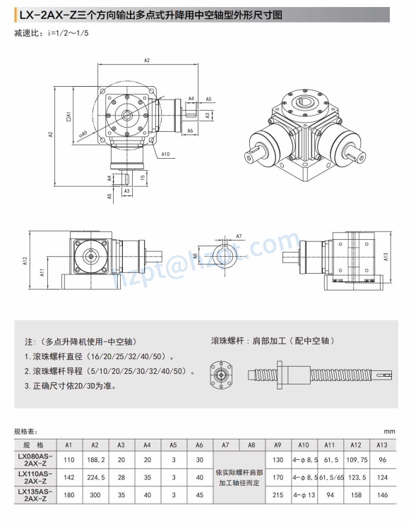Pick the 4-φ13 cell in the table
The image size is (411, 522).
pyautogui.click(x=304, y=494)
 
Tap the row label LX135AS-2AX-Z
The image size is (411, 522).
pyautogui.click(x=34, y=494)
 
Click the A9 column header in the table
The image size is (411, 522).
pyautogui.click(x=278, y=446)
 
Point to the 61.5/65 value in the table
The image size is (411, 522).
pyautogui.click(x=330, y=478)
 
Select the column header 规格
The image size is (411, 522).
pyautogui.click(x=34, y=446)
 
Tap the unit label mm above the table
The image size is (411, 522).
pyautogui.click(x=389, y=431)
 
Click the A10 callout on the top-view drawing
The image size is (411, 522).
pyautogui.click(x=165, y=153)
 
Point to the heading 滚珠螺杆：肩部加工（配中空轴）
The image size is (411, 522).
pyautogui.click(x=270, y=339)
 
